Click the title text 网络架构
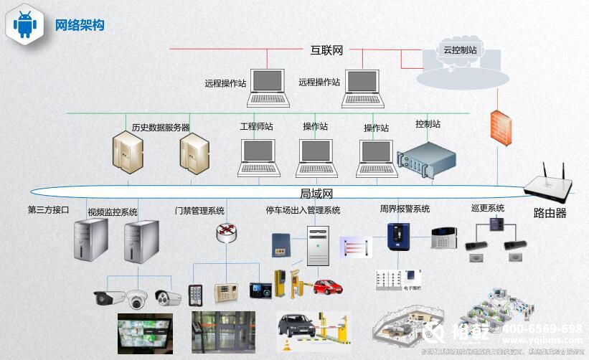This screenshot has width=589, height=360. tap(80, 24)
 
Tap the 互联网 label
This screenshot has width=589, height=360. tap(326, 50)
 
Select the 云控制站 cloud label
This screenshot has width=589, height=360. tap(460, 49)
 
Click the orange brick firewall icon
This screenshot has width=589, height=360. tap(500, 128)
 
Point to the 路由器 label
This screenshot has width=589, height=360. tap(550, 213)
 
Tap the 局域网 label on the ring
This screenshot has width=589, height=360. tap(316, 194)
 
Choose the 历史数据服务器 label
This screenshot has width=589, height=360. tap(161, 127)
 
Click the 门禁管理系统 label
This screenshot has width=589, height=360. tap(199, 211)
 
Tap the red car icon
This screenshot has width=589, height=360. tap(327, 286)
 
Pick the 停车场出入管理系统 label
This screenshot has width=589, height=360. tap(303, 210)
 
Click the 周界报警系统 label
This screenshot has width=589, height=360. tap(405, 209)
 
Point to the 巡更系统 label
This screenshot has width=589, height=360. tap(487, 208)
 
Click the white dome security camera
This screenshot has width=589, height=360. tap(136, 299)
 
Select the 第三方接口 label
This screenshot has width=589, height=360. tap(48, 210)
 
